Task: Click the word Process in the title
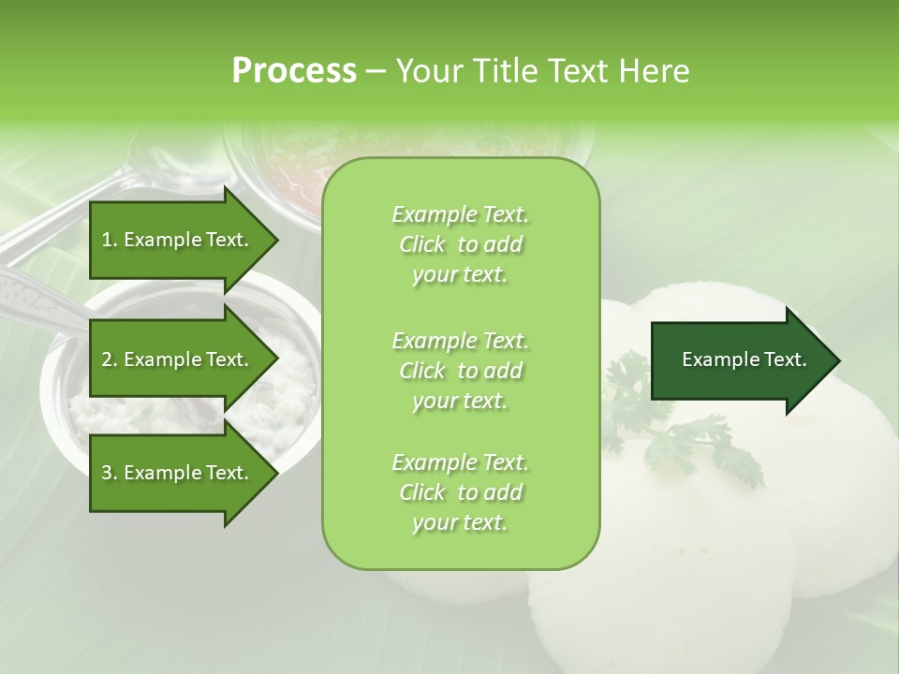tap(293, 71)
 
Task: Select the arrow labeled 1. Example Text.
tap(178, 240)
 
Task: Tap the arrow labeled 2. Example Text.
tap(178, 359)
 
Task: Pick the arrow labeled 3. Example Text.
tap(178, 473)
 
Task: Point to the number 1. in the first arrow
tap(110, 240)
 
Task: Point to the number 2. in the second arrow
tap(110, 359)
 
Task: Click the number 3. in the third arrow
tap(110, 473)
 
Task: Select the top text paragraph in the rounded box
tap(460, 244)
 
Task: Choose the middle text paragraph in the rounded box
tap(460, 371)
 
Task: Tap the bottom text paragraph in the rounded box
tap(460, 492)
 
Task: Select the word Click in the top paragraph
tap(422, 245)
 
